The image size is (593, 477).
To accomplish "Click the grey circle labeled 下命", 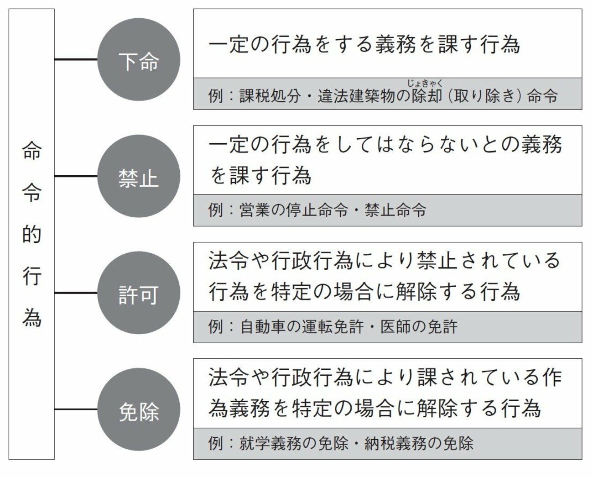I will pos(139,60).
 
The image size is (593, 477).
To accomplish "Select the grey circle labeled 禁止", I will pos(139,176).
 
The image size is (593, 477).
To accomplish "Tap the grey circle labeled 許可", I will pos(139,293).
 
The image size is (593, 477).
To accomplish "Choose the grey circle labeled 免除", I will pos(139,410).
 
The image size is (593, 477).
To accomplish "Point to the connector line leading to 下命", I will pos(76,59).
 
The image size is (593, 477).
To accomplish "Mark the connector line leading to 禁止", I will pos(76,176).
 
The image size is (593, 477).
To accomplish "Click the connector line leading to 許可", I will pos(76,293).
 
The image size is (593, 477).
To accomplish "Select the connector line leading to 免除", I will pos(76,409).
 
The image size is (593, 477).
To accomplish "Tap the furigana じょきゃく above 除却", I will pos(425,83).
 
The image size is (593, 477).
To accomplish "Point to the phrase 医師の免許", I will pos(419,327).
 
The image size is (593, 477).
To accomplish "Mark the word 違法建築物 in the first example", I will pos(356,97).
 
